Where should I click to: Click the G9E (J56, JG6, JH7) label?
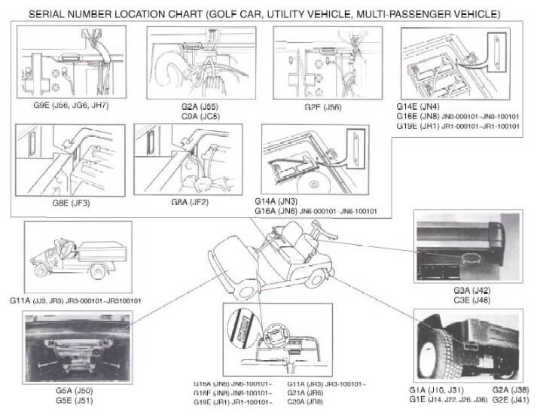(66, 105)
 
